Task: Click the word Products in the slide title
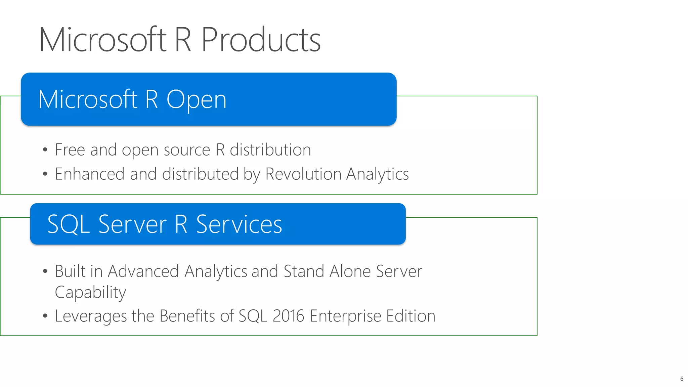(x=261, y=40)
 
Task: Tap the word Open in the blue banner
(x=197, y=100)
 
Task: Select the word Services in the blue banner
(x=239, y=224)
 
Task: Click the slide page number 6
(x=682, y=379)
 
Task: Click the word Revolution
(x=303, y=174)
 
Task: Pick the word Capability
(x=90, y=292)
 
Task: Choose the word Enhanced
(x=90, y=174)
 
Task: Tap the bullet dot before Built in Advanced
(x=45, y=271)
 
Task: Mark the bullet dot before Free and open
(x=45, y=150)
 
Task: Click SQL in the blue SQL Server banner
(x=69, y=224)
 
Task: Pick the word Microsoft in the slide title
(x=103, y=40)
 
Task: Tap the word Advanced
(x=143, y=271)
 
